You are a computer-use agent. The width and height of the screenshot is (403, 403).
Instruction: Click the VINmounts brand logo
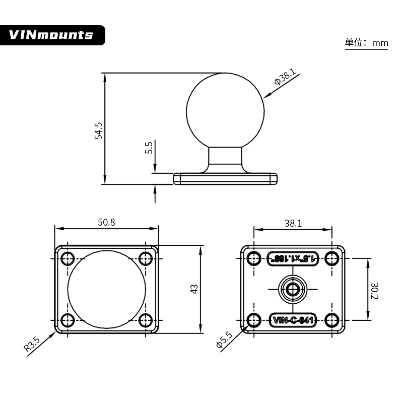pos(51,35)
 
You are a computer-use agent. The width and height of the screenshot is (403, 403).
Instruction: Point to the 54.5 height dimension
pos(99,130)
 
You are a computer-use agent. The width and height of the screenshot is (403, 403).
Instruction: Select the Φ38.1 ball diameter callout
pos(285,78)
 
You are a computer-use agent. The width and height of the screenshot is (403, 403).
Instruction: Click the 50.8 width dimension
pos(106,223)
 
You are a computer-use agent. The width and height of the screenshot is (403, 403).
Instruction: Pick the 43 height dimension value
pos(194,289)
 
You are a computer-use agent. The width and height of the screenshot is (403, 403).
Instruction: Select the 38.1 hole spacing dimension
pos(293,223)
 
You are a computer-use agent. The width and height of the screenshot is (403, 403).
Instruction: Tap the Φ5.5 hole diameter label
pos(224,341)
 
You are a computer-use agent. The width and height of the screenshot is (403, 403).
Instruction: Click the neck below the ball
pos(225,159)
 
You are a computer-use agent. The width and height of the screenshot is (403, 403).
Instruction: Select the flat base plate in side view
pos(225,178)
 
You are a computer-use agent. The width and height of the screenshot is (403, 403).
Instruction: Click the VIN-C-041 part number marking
pos(293,319)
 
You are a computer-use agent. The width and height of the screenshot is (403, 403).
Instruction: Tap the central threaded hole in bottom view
pos(293,289)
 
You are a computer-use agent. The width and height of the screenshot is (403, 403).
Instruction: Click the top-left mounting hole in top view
pos(68,259)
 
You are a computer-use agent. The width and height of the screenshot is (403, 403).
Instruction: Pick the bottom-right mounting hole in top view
pos(146,319)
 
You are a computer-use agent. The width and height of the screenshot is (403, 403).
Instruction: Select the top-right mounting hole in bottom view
pos(331,258)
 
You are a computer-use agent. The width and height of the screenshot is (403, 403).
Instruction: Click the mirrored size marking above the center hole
pos(293,258)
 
